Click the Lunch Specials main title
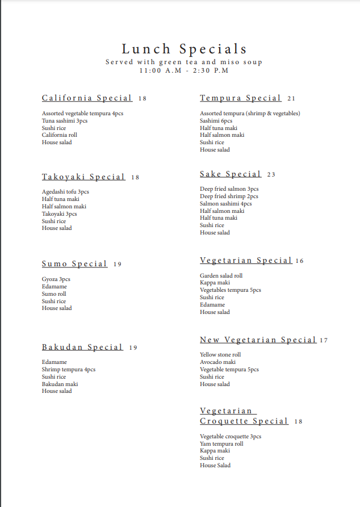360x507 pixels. pos(184,49)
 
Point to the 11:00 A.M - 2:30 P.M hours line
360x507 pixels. pos(184,70)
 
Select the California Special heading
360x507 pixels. pos(87,98)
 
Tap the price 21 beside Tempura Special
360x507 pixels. pos(291,99)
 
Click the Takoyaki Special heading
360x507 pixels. pos(83,177)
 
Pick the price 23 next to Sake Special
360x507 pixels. pos(271,174)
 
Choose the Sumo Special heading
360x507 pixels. pos(74,264)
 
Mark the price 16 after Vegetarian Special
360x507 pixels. pos(300,261)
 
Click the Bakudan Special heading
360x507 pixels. pos(82,347)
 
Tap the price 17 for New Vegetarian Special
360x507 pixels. pos(324,341)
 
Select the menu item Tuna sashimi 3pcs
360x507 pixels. pos(65,121)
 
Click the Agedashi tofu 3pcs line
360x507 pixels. pos(65,192)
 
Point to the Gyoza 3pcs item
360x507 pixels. pos(56,279)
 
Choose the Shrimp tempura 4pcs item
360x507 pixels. pos(69,370)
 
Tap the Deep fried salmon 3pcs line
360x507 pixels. pos(229,189)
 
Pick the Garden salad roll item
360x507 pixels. pos(221,275)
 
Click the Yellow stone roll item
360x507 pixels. pos(220,355)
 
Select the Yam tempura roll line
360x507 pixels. pos(221,443)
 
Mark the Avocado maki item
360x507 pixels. pos(217,362)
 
